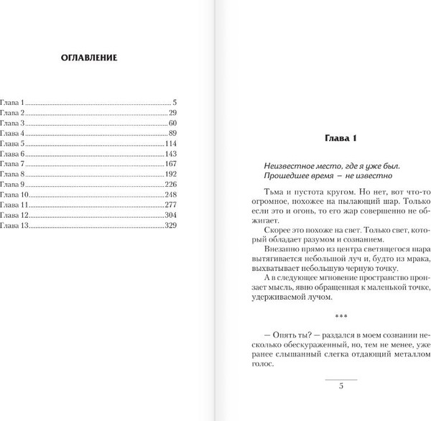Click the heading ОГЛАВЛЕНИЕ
(90, 57)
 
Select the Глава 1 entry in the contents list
(13, 103)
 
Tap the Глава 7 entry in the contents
(13, 164)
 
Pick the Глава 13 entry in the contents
(14, 226)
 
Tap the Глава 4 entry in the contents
(13, 134)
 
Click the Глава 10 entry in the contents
(14, 195)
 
